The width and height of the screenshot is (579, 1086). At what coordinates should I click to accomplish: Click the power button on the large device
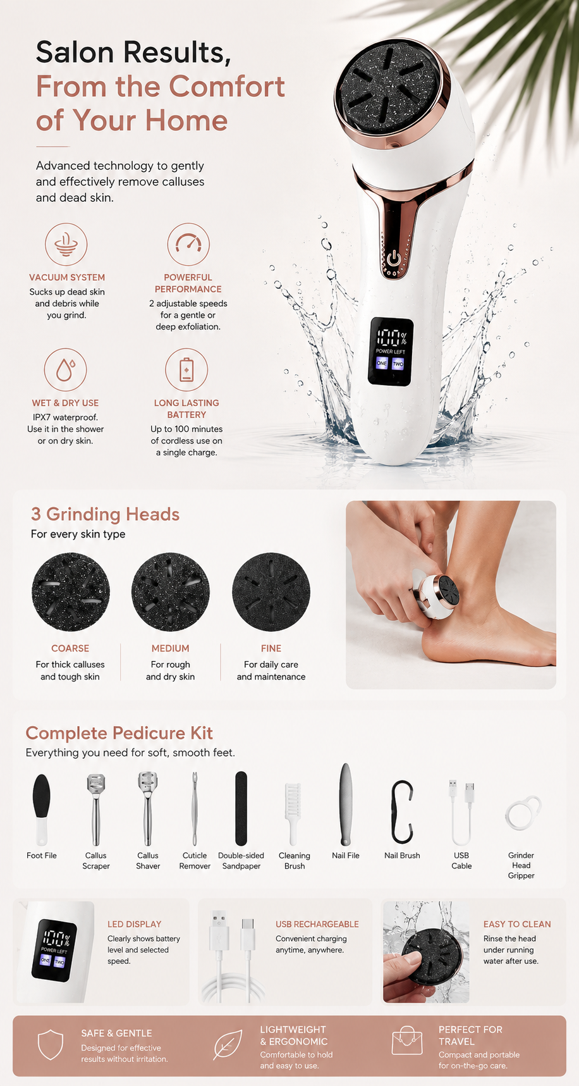[x=394, y=257]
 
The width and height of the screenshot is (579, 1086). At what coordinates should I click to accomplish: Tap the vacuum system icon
[x=66, y=244]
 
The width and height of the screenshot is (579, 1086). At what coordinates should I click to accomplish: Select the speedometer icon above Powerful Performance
[x=188, y=244]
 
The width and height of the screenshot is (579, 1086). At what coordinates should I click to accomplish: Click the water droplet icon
[x=66, y=369]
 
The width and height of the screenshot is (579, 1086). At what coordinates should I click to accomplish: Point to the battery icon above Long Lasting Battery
[x=186, y=369]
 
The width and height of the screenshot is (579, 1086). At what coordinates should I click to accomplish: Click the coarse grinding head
[x=71, y=592]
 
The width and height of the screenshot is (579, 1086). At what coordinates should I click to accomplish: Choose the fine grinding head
[x=271, y=592]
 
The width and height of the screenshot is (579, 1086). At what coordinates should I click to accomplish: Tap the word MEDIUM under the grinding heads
[x=170, y=648]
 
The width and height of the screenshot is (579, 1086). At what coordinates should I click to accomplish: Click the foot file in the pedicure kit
[x=42, y=810]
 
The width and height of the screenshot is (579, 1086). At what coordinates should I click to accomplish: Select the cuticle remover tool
[x=195, y=810]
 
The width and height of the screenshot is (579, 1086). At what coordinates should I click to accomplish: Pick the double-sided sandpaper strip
[x=241, y=808]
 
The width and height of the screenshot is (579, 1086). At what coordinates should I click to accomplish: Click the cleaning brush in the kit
[x=293, y=813]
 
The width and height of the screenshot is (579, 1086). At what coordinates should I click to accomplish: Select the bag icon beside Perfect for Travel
[x=406, y=1041]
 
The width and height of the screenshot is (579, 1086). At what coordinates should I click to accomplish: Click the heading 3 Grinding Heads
[x=105, y=514]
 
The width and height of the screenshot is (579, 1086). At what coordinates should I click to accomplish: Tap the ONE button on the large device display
[x=382, y=363]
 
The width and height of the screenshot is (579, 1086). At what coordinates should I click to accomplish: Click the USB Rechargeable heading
[x=317, y=924]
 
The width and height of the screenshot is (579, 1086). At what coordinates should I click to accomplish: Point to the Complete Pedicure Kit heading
[x=119, y=733]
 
